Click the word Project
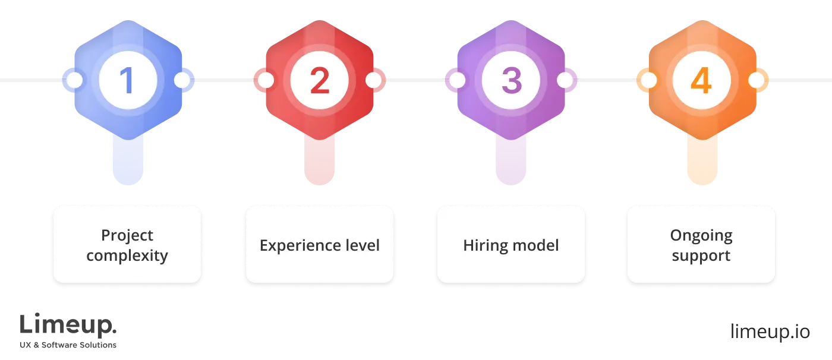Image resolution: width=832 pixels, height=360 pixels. pos(127,236)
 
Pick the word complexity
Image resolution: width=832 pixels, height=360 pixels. pos(127,256)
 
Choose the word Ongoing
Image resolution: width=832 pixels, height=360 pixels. pos(701,236)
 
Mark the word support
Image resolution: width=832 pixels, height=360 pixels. pos(701,256)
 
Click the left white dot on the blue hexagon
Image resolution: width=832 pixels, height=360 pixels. pos(74,80)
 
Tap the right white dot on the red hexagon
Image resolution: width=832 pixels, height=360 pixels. pos(373,80)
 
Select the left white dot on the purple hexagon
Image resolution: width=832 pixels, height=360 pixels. pos(457,80)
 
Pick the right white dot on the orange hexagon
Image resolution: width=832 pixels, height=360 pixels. pos(756,80)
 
